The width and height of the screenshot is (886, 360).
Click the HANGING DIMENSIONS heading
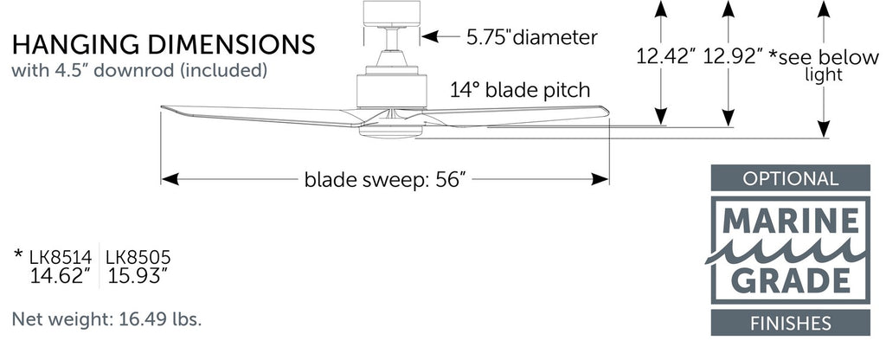pos(164,45)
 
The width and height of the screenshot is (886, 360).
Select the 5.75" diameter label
pos(532,37)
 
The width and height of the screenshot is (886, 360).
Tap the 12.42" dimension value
pos(665,56)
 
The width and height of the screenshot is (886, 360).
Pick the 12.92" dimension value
pos(733,56)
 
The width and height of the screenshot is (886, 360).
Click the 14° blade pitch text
pos(520,90)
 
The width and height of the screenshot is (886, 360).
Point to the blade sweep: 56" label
pos(385,180)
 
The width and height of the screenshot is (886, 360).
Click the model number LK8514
pos(61,258)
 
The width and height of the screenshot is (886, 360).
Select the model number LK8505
pos(138,258)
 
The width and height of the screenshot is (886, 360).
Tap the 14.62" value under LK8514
pos(60,276)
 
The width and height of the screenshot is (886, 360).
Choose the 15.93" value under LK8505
pos(138,276)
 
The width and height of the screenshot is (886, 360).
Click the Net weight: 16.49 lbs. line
pos(106,319)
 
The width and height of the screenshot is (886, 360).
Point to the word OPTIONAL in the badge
pos(790,178)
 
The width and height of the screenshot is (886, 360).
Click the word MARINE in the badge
pos(790,222)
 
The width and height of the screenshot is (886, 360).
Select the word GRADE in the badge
pos(790,280)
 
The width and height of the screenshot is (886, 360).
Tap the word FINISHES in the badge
pos(790,324)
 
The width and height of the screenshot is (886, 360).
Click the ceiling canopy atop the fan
pos(392,14)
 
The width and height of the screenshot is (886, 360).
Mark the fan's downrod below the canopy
pos(391,38)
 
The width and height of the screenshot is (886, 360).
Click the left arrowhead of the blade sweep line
pos(170,180)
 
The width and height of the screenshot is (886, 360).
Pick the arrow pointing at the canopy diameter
pos(440,36)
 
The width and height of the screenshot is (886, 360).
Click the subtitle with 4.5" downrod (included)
pos(139,71)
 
